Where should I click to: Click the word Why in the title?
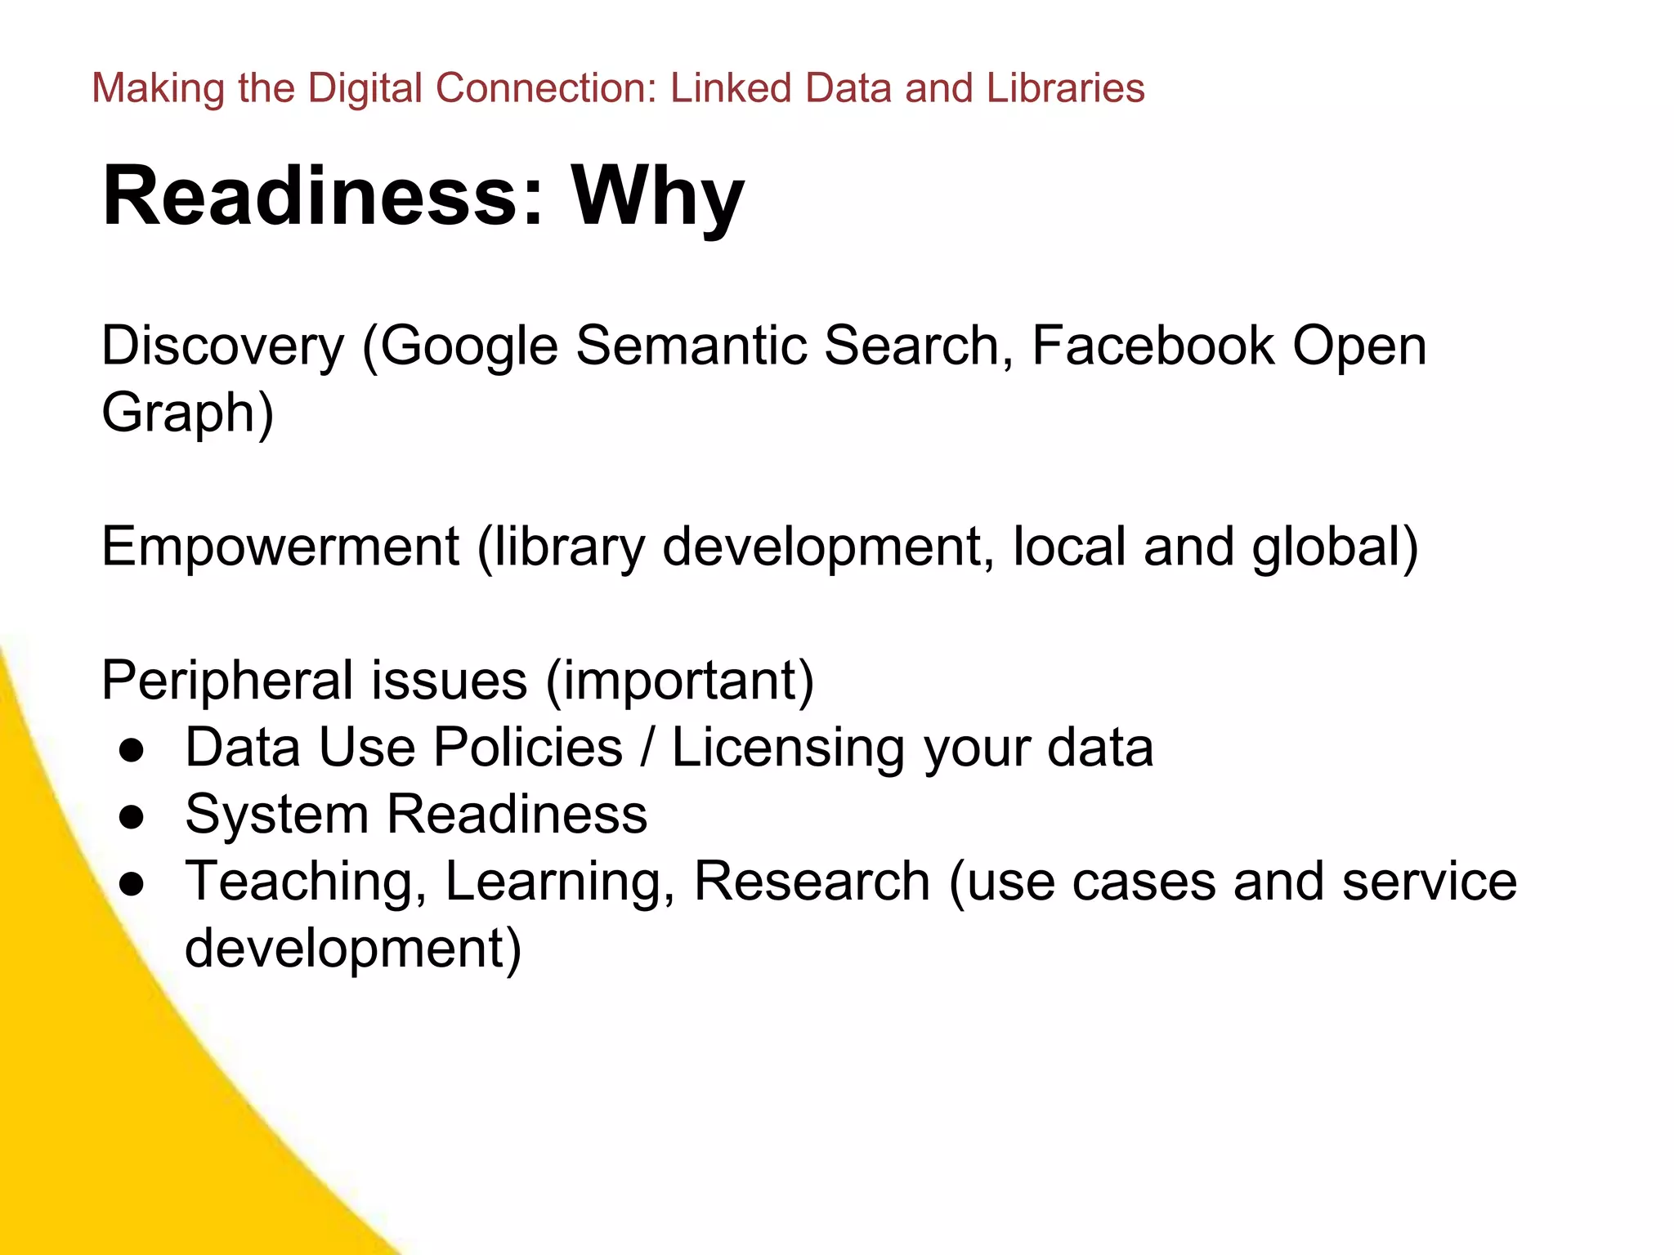(x=657, y=196)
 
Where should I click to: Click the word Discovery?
(x=222, y=346)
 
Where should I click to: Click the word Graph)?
(x=187, y=413)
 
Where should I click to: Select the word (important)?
(x=679, y=680)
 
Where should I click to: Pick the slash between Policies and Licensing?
(x=647, y=748)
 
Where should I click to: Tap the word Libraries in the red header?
(x=1065, y=88)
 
